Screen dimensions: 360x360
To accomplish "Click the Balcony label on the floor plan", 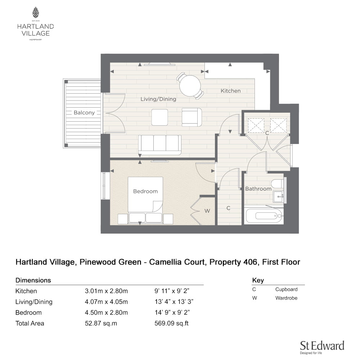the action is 84,112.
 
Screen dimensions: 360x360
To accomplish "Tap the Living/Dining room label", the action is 158,99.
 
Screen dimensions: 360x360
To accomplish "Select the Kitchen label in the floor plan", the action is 230,91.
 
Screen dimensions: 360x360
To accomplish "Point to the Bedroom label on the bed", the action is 145,191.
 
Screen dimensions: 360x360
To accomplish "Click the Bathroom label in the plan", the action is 258,189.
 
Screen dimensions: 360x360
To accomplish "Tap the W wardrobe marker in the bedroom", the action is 207,211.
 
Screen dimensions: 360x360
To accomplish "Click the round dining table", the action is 190,86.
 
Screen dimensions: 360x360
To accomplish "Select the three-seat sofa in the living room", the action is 159,145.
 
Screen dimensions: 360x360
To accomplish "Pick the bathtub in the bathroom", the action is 264,216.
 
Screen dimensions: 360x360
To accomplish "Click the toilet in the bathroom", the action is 277,184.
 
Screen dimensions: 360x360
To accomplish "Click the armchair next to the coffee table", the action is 192,117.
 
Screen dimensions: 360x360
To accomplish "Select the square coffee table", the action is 159,117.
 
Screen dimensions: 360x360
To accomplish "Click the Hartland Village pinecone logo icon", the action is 35,12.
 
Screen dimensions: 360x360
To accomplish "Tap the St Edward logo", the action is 322,347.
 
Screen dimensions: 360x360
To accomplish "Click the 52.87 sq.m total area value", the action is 101,323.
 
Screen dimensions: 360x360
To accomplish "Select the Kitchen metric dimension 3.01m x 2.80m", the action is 106,291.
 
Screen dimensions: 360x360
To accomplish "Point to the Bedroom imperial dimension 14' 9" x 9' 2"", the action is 172,312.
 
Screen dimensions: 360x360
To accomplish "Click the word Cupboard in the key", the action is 286,289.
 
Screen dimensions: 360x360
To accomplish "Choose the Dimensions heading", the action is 33,280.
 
